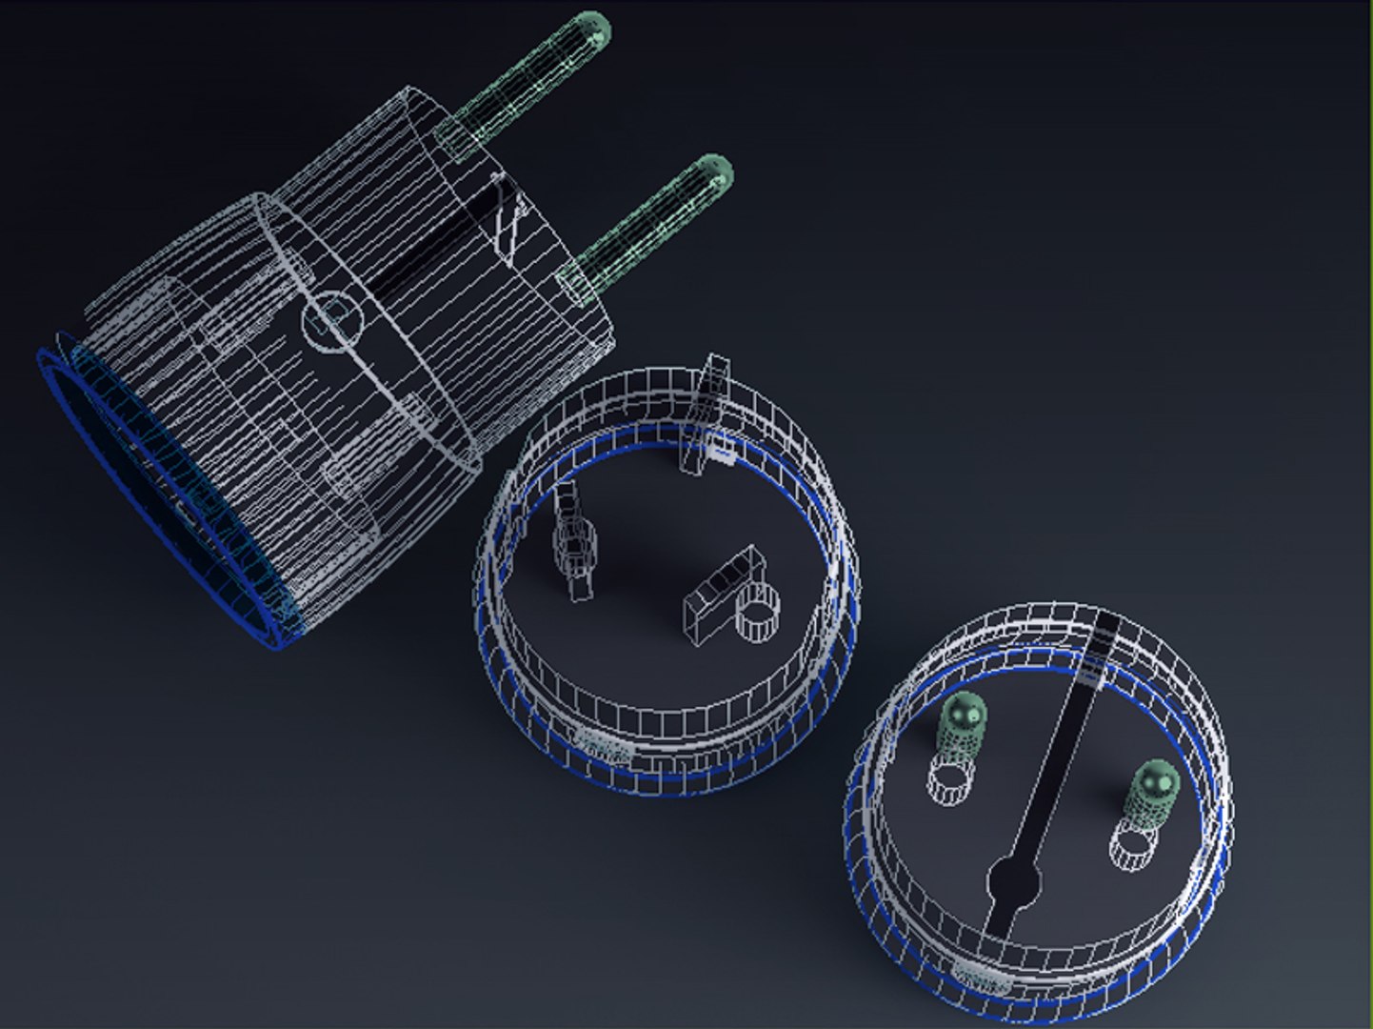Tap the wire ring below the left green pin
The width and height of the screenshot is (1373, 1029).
pos(949,778)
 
